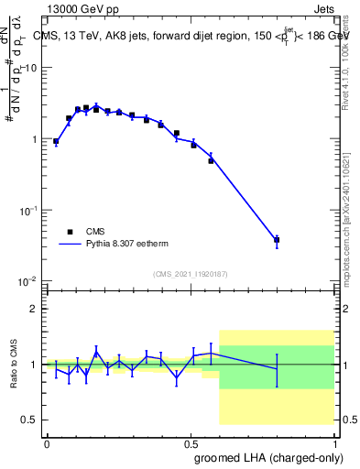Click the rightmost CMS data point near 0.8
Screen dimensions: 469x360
pyautogui.click(x=277, y=240)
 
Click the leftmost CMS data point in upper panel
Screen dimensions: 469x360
pyautogui.click(x=56, y=142)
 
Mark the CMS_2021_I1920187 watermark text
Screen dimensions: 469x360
pyautogui.click(x=191, y=274)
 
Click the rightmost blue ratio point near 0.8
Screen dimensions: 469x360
pyautogui.click(x=277, y=369)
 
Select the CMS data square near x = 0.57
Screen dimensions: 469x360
pyautogui.click(x=211, y=160)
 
